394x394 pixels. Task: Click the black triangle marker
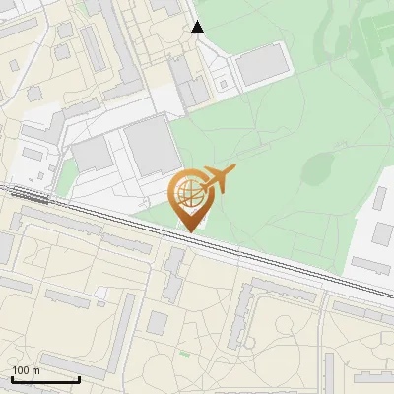pyautogui.click(x=197, y=27)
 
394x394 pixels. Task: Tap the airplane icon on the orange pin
pyautogui.click(x=218, y=178)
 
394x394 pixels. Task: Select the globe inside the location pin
pyautogui.click(x=190, y=189)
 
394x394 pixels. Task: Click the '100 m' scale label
pyautogui.click(x=27, y=370)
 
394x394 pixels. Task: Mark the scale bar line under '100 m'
pyautogui.click(x=45, y=379)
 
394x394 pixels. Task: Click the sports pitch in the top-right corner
pyautogui.click(x=378, y=34)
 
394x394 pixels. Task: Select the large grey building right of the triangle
pyautogui.click(x=262, y=65)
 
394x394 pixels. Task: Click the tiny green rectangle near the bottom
pyautogui.click(x=185, y=353)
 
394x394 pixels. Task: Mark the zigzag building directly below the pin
pyautogui.click(x=174, y=276)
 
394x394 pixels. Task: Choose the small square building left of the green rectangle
pyautogui.click(x=158, y=323)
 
